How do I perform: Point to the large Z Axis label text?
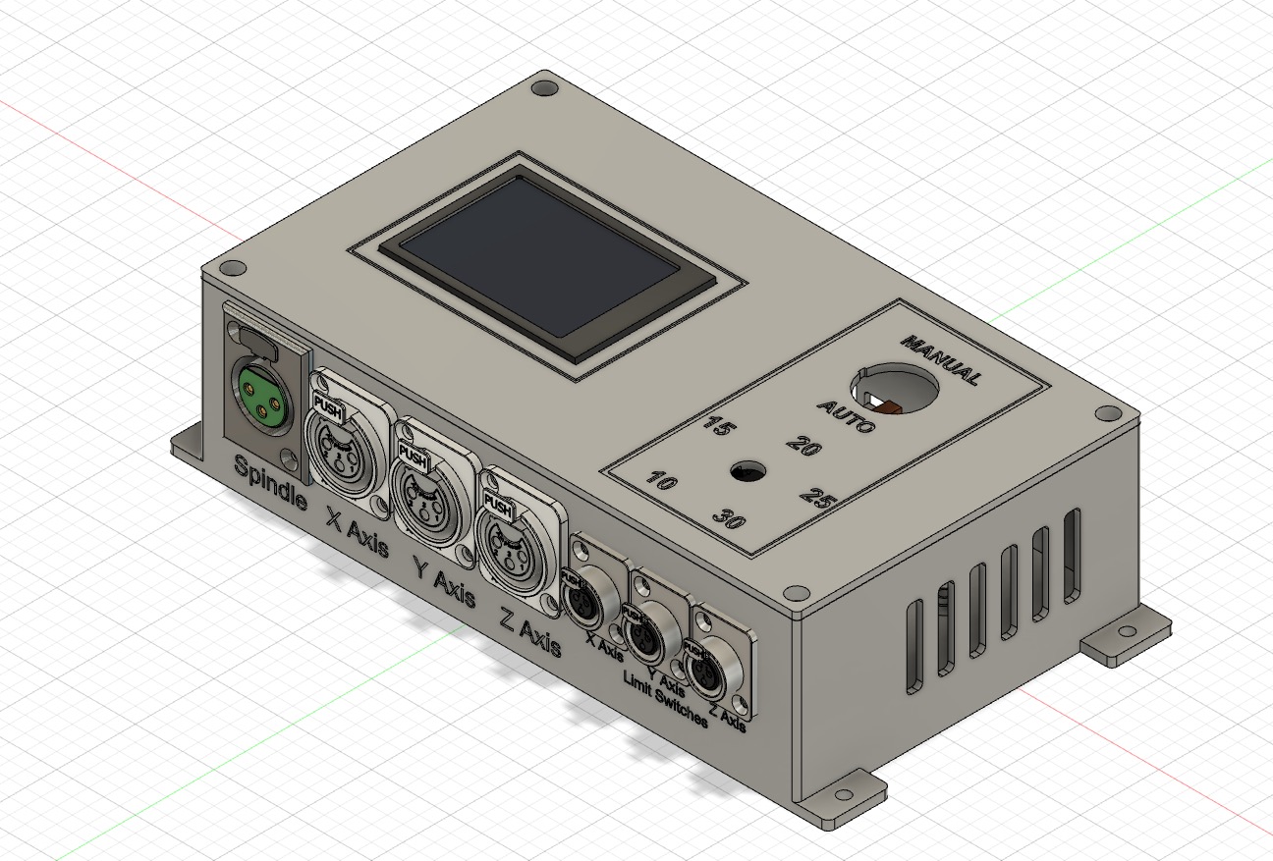530,631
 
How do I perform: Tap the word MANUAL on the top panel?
940,360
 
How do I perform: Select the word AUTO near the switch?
846,416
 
